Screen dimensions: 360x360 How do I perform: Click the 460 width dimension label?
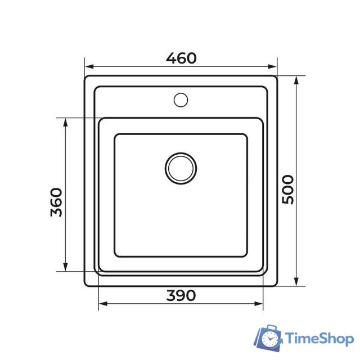(181, 58)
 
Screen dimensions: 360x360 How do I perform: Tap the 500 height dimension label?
(287, 190)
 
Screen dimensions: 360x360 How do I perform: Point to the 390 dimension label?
(181, 295)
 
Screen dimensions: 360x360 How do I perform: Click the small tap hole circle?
(181, 100)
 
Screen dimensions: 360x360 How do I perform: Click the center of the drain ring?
(181, 168)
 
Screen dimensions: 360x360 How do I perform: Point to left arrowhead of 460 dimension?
(88, 66)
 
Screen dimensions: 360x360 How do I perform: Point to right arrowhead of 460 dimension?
(274, 66)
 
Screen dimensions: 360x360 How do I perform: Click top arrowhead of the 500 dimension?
(296, 79)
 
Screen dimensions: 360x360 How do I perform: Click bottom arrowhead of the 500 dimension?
(296, 282)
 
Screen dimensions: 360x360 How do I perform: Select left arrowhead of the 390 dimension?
(102, 305)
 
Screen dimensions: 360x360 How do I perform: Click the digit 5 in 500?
(287, 200)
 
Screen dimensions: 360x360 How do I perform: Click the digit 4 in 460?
(171, 58)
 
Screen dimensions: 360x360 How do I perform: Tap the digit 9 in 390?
(181, 295)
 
